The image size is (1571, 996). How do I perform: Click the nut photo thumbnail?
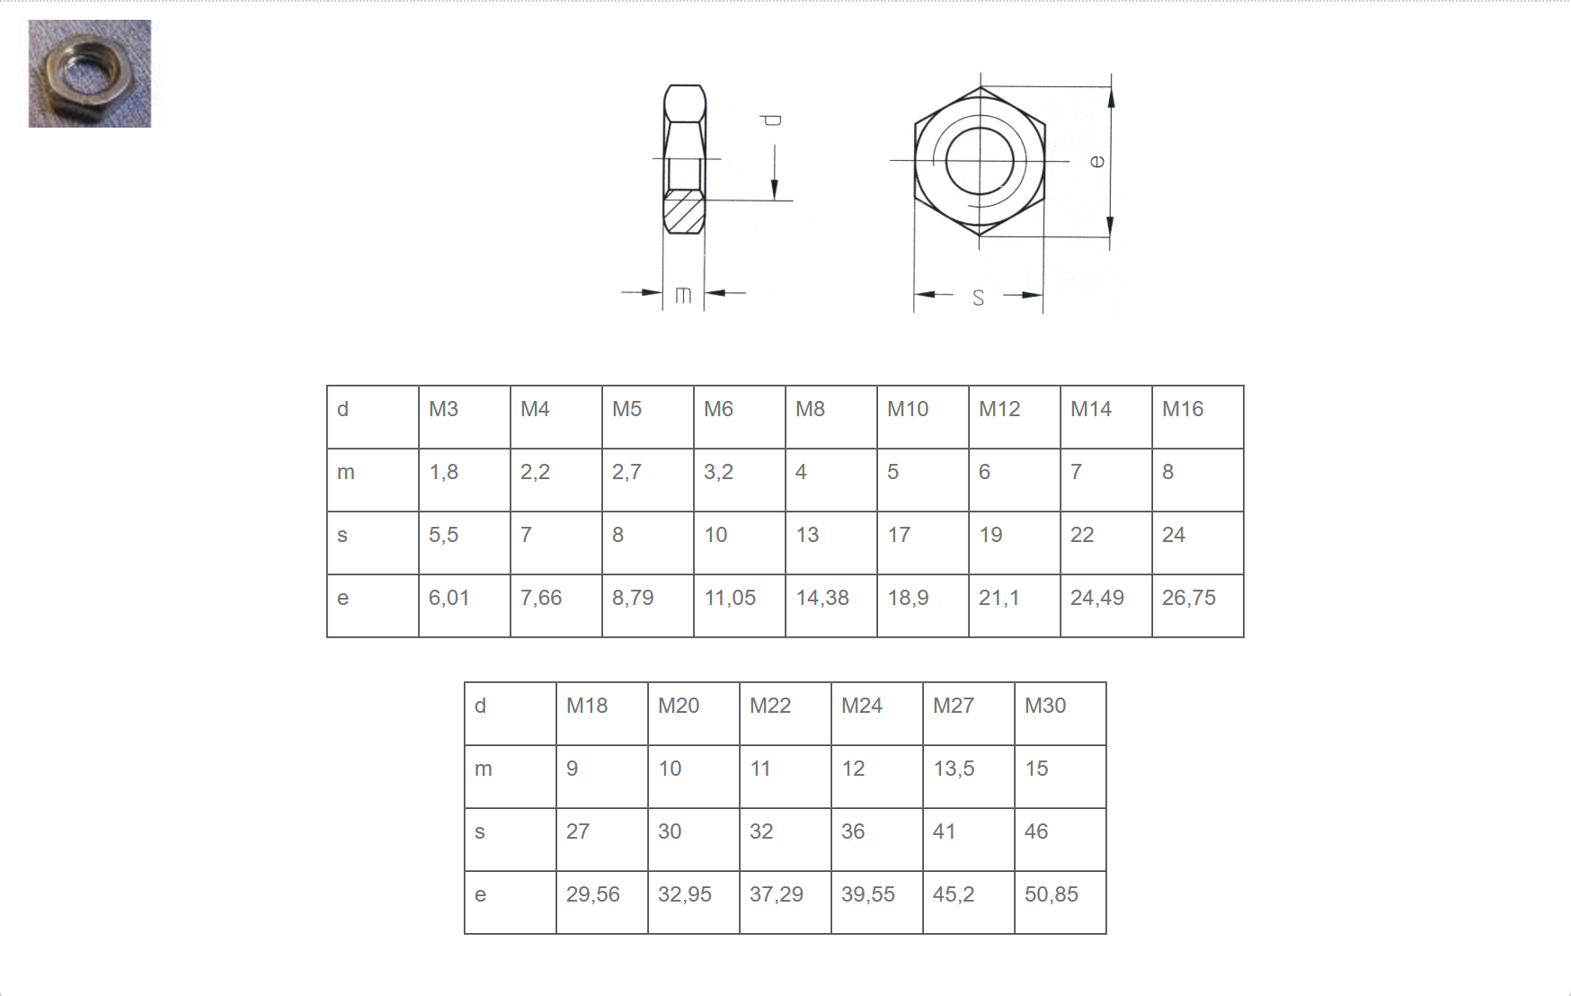tap(90, 74)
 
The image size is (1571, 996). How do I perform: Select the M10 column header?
tap(923, 417)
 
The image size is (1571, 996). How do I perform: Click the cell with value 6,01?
tap(465, 606)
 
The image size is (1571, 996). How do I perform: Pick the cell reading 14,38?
tap(831, 606)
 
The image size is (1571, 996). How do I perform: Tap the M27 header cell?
tap(969, 714)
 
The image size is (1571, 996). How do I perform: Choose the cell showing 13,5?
tap(969, 777)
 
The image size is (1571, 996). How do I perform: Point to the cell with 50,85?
tap(1061, 903)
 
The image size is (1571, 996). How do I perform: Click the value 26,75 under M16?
tap(1198, 606)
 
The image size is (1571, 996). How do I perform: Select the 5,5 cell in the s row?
tap(465, 543)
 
